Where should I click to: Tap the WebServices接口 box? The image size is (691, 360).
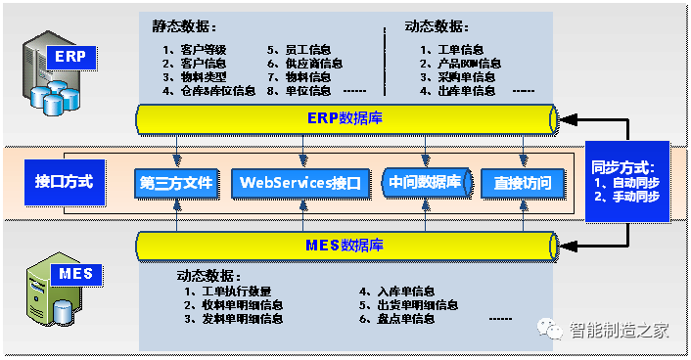pyautogui.click(x=301, y=183)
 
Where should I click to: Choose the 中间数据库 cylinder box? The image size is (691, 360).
pyautogui.click(x=426, y=183)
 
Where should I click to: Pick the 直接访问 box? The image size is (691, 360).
pyautogui.click(x=524, y=183)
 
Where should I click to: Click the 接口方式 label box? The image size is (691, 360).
pyautogui.click(x=65, y=182)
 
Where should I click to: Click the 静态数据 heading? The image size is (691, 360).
pyautogui.click(x=185, y=26)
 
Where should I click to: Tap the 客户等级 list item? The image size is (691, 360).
pyautogui.click(x=201, y=49)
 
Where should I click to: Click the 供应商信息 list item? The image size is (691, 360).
pyautogui.click(x=312, y=63)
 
